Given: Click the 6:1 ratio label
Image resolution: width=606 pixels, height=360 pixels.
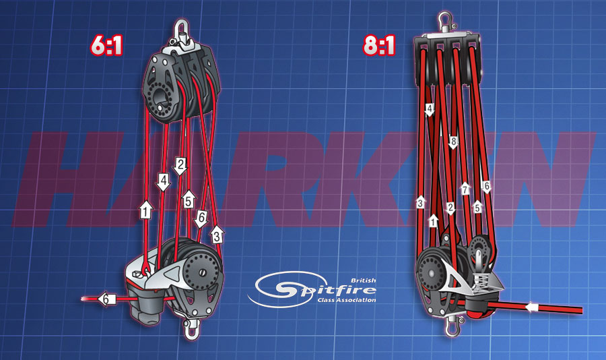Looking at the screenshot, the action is tap(106, 45).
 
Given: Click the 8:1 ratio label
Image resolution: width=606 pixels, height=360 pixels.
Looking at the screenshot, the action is tap(379, 45).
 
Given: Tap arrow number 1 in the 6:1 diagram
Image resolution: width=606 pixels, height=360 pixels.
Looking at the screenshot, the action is tap(145, 210).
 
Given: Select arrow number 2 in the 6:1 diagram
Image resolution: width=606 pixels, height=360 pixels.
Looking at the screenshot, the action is tap(180, 166).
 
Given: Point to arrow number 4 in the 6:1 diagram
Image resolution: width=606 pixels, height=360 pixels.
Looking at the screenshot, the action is tap(164, 182).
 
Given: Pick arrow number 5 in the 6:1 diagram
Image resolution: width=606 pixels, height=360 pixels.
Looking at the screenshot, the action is tap(189, 200).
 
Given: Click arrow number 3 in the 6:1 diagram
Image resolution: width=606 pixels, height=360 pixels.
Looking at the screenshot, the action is tap(217, 235).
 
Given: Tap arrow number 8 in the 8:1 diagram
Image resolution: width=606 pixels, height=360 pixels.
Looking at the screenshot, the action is tap(453, 143).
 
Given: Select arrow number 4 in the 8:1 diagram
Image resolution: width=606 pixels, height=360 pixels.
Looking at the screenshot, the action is tap(430, 109).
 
